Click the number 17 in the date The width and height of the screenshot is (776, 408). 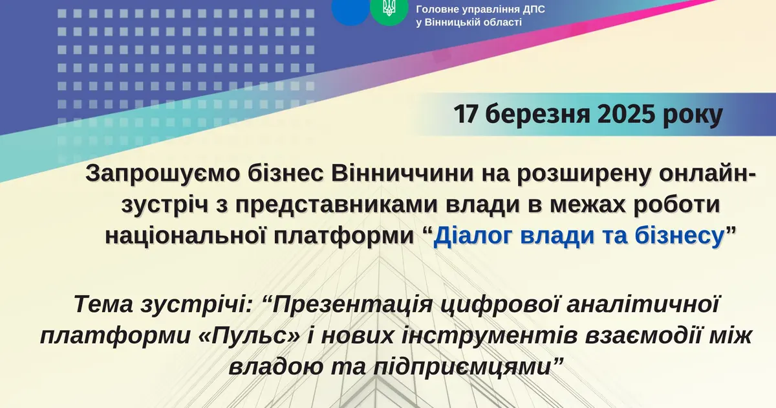tap(466, 115)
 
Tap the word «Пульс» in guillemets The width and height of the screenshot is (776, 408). tap(250, 336)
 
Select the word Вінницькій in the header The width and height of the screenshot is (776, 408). tap(453, 23)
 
